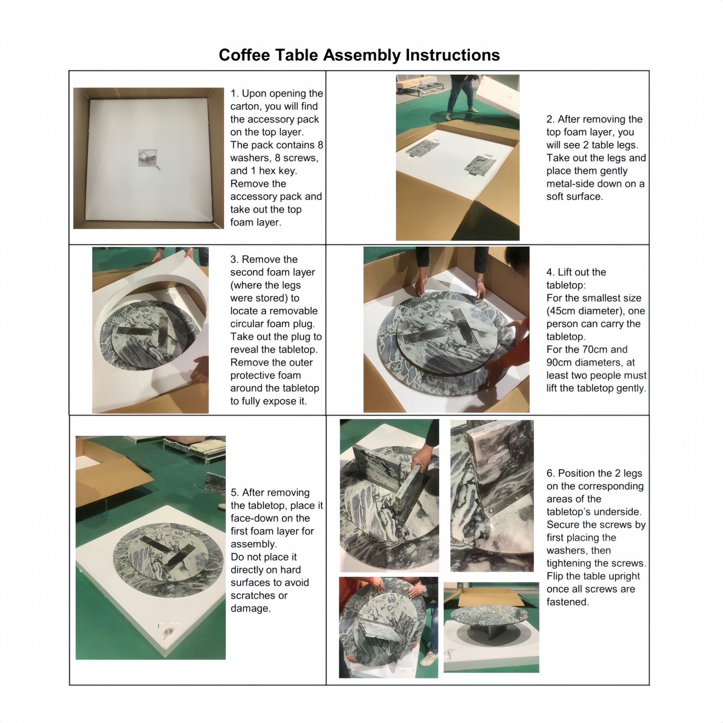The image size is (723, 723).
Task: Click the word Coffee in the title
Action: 244,55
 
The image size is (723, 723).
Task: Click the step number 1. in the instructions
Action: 235,93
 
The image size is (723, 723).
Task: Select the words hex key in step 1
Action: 274,171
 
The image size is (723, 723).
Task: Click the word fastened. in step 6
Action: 568,602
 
